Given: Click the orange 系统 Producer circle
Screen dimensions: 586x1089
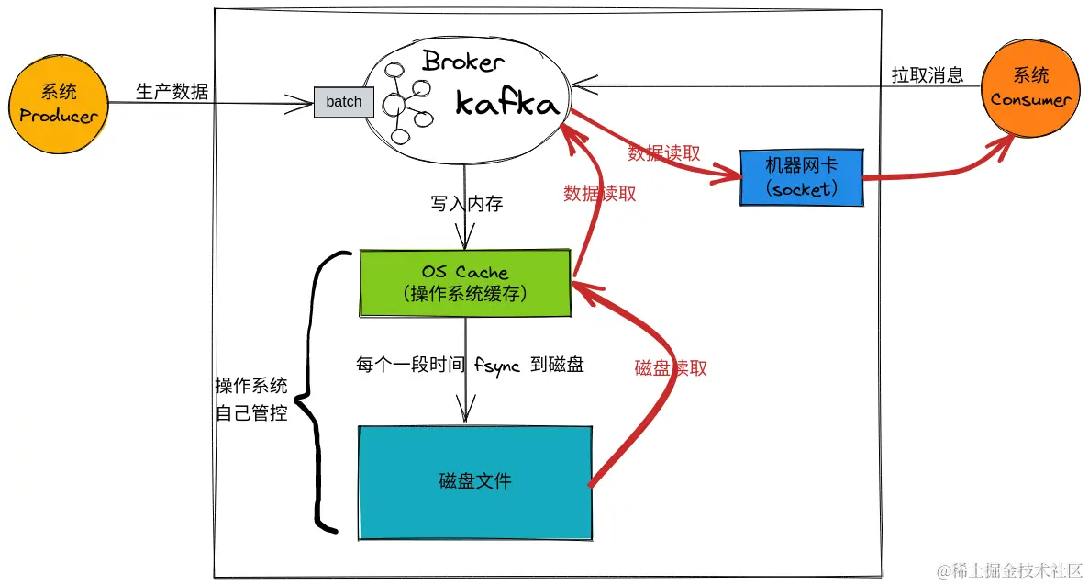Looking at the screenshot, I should [x=59, y=104].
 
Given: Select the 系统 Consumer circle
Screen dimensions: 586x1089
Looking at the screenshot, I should [x=1030, y=88].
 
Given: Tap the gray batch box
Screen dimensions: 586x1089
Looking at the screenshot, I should [x=344, y=102].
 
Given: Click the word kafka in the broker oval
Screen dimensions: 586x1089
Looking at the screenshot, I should [x=506, y=103].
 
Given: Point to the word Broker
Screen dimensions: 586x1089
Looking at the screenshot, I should [x=462, y=62].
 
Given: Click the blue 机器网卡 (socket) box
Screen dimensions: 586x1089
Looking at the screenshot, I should [x=801, y=178].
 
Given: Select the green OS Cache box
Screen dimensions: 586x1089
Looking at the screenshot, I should [x=465, y=283].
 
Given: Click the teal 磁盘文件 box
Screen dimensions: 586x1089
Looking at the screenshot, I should [x=474, y=481].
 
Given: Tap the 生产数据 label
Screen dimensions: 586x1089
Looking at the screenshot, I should [x=172, y=91].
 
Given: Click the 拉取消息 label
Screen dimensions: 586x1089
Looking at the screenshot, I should [x=927, y=75].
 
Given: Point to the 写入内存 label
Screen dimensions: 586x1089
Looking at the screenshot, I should [x=466, y=204].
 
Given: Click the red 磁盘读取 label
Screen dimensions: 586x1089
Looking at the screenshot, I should [x=671, y=367].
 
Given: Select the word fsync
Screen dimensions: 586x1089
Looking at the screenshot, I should [x=497, y=365].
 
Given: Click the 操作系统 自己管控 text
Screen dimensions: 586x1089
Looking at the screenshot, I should [x=251, y=399].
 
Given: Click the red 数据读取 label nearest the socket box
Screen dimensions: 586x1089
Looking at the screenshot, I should [x=663, y=153].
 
